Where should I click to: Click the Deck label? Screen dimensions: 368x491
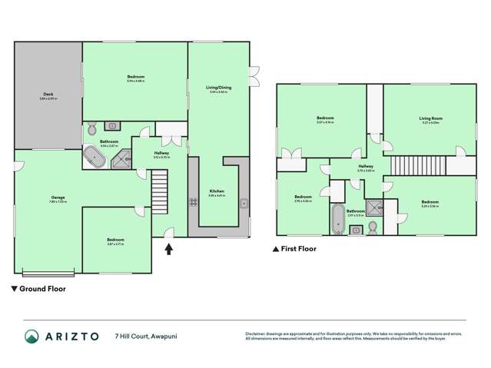click(x=48, y=96)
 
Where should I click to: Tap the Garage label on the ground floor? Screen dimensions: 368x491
click(x=47, y=199)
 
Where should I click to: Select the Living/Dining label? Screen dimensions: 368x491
click(x=218, y=88)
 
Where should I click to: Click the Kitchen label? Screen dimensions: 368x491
click(x=217, y=192)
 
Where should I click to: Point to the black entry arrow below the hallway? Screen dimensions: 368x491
click(x=169, y=247)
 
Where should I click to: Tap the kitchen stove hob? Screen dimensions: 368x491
click(x=194, y=203)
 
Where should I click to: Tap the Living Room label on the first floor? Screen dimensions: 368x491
click(x=430, y=119)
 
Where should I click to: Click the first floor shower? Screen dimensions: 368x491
click(x=375, y=207)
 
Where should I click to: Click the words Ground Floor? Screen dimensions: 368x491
click(x=42, y=290)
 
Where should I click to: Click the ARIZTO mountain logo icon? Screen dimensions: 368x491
click(x=32, y=337)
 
